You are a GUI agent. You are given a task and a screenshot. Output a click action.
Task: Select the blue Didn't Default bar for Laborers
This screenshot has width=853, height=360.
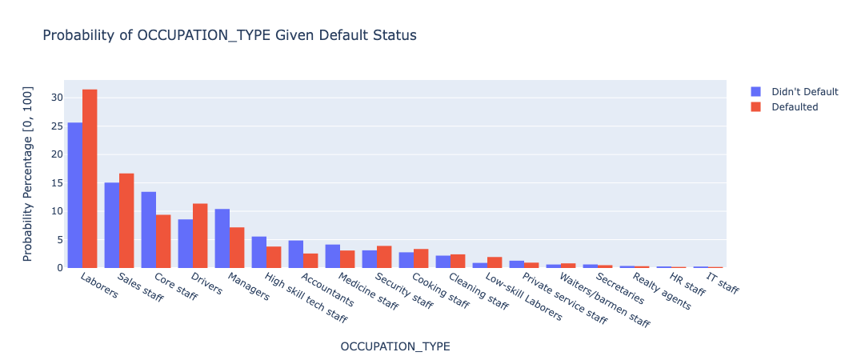click(75, 195)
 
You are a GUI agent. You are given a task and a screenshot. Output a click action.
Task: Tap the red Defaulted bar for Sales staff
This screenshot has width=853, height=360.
click(126, 221)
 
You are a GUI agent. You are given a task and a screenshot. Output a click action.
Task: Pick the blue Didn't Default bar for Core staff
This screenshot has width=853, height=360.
click(149, 230)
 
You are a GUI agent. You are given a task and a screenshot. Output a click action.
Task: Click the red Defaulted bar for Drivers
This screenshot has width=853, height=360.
click(200, 235)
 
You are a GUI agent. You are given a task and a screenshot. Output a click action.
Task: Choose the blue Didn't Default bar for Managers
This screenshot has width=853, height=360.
click(222, 238)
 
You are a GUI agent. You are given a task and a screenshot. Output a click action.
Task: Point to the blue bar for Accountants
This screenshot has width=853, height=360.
click(296, 254)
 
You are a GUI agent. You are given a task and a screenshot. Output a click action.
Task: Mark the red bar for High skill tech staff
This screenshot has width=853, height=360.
click(274, 258)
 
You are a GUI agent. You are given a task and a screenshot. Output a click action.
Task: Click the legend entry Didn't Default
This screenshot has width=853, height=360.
click(804, 92)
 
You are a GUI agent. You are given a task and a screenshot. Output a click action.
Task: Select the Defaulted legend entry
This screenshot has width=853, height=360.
click(795, 107)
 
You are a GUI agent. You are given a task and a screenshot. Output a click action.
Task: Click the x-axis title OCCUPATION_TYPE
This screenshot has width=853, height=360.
click(395, 346)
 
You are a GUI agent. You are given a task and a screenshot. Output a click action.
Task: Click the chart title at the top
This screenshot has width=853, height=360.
click(230, 36)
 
